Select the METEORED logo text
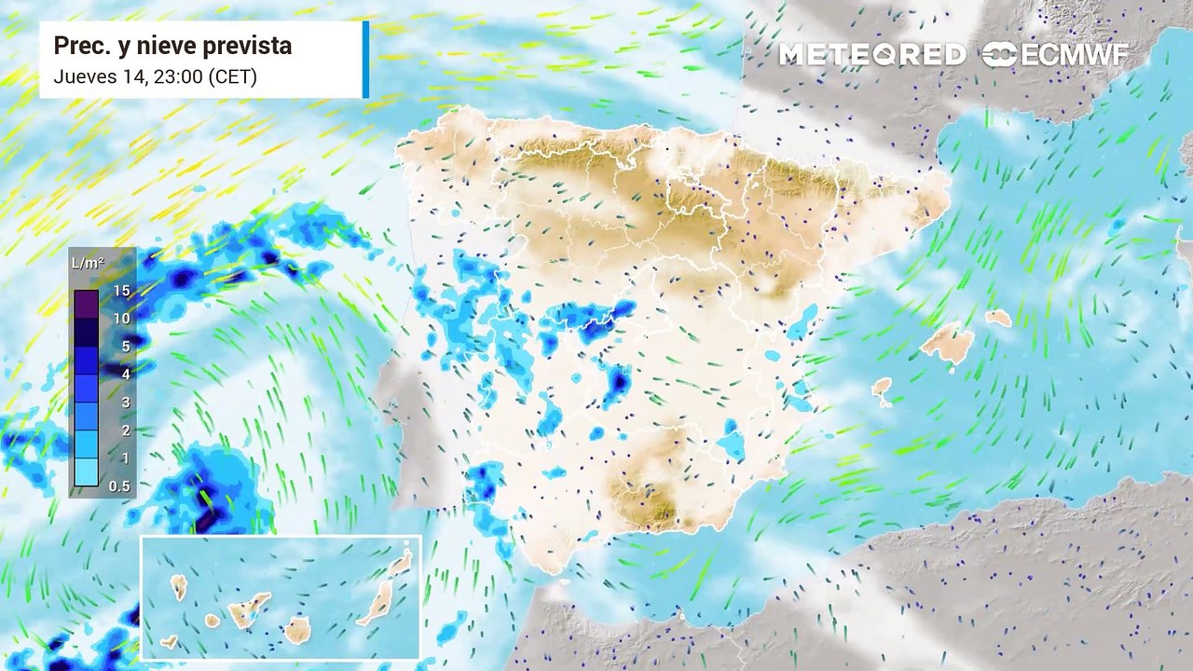pyautogui.click(x=871, y=55)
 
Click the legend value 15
pyautogui.click(x=121, y=291)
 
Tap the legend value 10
pyautogui.click(x=121, y=319)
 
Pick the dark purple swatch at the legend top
pyautogui.click(x=86, y=305)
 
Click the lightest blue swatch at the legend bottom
pyautogui.click(x=86, y=472)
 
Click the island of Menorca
pyautogui.click(x=998, y=318)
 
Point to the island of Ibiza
pyautogui.click(x=881, y=386)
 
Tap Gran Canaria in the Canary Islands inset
pyautogui.click(x=297, y=629)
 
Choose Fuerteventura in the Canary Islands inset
pyautogui.click(x=377, y=603)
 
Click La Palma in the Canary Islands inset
pyautogui.click(x=178, y=587)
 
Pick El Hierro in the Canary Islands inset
pyautogui.click(x=170, y=641)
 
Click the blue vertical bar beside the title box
pyautogui.click(x=365, y=60)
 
